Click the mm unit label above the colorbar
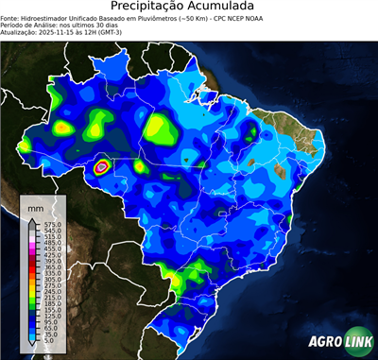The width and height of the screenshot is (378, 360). click(36, 205)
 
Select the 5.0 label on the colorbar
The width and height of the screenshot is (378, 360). click(46, 341)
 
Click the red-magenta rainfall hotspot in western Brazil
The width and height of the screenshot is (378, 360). click(101, 167)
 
